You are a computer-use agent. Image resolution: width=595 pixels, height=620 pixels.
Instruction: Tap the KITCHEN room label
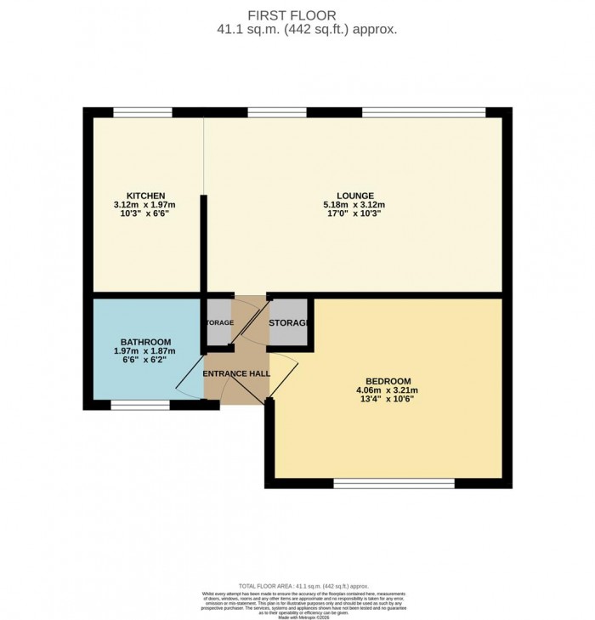point(139,196)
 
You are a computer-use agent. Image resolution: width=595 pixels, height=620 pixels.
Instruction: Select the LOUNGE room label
point(354,196)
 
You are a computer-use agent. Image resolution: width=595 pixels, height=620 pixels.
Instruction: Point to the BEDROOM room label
point(388,380)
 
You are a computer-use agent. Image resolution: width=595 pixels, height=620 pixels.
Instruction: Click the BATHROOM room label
point(139,342)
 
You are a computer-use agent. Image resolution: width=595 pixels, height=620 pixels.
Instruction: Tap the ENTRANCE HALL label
point(236,374)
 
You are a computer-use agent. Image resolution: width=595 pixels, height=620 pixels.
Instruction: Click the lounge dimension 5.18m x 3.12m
point(354,205)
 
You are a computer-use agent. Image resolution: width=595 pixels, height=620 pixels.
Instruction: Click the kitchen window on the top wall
point(143,112)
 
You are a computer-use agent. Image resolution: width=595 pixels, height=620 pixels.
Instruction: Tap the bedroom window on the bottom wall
point(394,483)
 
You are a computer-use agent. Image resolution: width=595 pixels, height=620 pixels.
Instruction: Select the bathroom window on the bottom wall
point(140,405)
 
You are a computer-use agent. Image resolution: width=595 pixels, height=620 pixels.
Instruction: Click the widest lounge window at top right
point(423,112)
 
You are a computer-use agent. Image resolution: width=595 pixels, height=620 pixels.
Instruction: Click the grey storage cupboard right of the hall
point(289,323)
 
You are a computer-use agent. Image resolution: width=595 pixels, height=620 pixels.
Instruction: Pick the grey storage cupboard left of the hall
point(218,323)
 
